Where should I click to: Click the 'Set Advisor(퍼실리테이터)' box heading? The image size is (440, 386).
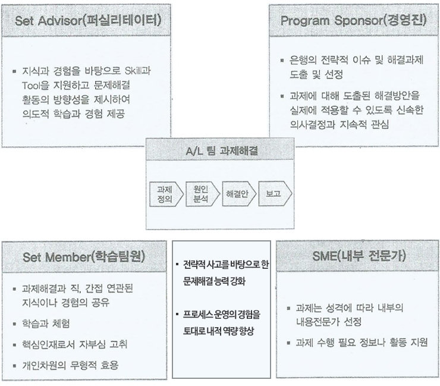(x=88, y=20)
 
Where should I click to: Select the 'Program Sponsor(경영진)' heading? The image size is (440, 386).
(x=354, y=20)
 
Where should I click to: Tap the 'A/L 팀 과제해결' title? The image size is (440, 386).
(x=222, y=151)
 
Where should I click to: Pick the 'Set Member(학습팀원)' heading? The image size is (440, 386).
(x=84, y=256)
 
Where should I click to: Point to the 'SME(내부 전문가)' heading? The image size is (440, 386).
(x=359, y=256)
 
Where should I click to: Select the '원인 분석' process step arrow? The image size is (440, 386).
(x=203, y=194)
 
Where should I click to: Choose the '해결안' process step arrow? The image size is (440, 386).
(x=239, y=194)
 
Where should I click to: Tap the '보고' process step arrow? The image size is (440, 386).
(x=275, y=194)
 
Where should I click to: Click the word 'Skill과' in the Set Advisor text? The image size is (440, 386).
(x=138, y=70)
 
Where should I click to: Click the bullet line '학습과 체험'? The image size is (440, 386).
(x=46, y=324)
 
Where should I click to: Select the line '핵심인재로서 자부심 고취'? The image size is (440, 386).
(x=75, y=344)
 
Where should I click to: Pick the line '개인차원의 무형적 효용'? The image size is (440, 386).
(x=70, y=365)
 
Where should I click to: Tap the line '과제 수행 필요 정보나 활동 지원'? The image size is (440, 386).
(x=362, y=343)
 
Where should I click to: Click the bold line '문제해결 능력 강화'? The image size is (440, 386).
(x=214, y=281)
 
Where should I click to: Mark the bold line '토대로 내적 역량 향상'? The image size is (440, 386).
(x=218, y=331)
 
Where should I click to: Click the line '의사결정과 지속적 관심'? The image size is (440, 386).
(x=340, y=124)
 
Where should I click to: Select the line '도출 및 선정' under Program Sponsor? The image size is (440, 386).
(x=316, y=74)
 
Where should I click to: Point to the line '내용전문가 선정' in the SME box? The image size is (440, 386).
(x=329, y=322)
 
